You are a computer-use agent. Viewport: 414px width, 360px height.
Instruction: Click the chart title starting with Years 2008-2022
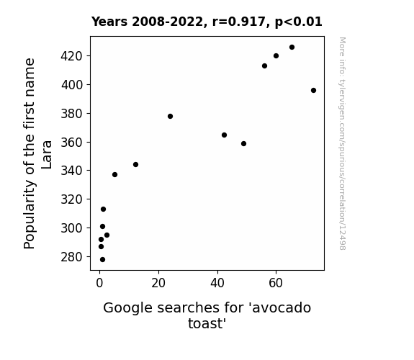coord(207,22)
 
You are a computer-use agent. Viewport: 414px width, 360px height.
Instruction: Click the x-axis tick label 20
coord(158,283)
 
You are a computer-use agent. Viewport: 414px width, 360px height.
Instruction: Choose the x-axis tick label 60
coord(276,283)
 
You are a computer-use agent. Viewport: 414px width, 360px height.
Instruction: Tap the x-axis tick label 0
coord(99,283)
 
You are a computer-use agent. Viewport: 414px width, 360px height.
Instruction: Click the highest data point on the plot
coord(292,48)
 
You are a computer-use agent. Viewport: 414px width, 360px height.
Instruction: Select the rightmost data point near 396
coord(313,90)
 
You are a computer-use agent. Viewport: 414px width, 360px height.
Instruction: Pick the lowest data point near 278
coord(102,260)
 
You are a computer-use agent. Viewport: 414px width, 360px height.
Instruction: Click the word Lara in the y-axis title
coord(47,155)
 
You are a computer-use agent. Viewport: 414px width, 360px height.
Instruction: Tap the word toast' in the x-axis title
coord(207,323)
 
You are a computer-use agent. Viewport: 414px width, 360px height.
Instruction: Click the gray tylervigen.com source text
coord(342,143)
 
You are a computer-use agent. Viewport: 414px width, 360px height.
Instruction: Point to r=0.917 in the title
coord(238,22)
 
